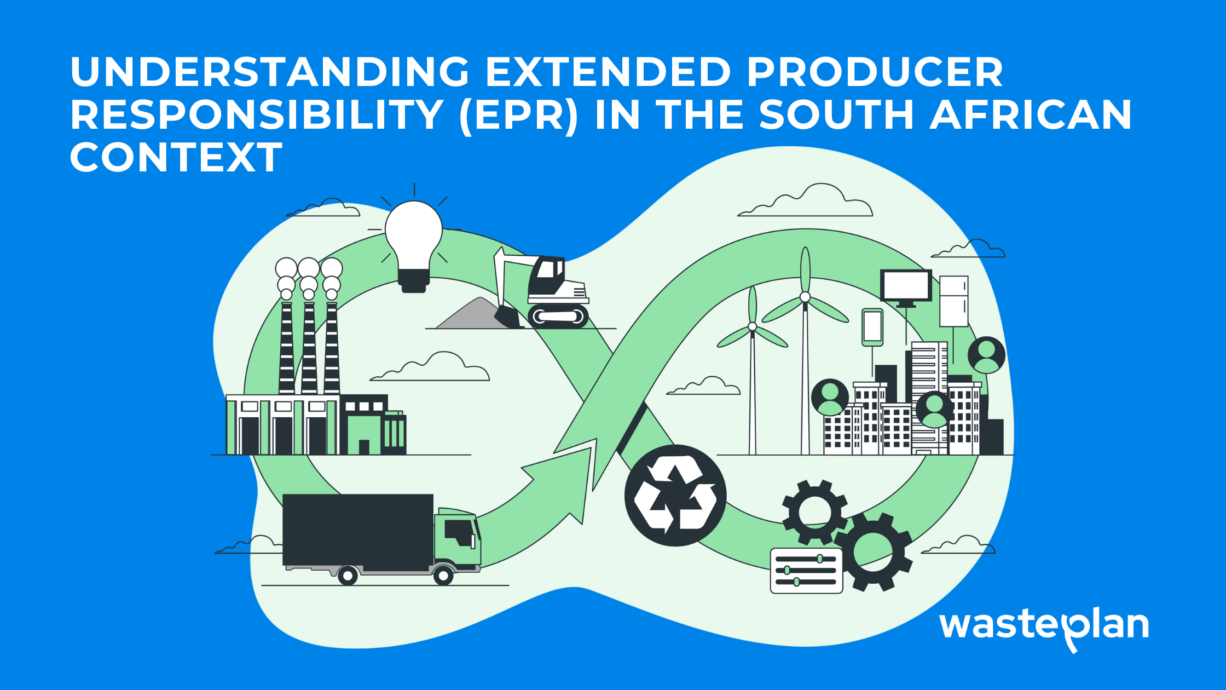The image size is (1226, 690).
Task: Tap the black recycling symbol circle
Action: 675,496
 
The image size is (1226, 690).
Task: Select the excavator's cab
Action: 547,277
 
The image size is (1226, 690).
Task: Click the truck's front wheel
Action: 443,576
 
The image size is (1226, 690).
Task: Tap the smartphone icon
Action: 872,327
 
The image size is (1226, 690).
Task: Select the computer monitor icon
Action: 906,287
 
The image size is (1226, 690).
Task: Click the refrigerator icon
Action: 954,301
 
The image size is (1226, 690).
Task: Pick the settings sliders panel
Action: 806,571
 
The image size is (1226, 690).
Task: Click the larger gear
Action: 872,551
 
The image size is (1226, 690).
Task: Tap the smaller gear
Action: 815,513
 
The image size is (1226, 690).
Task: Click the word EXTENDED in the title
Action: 608,72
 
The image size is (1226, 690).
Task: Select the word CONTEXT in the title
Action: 176,157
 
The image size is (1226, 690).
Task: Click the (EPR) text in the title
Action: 519,114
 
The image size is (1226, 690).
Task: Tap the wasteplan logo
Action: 1044,628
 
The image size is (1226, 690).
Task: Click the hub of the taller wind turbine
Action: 805,297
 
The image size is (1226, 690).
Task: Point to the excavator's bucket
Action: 507,317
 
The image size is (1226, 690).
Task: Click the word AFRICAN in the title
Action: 1031,114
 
